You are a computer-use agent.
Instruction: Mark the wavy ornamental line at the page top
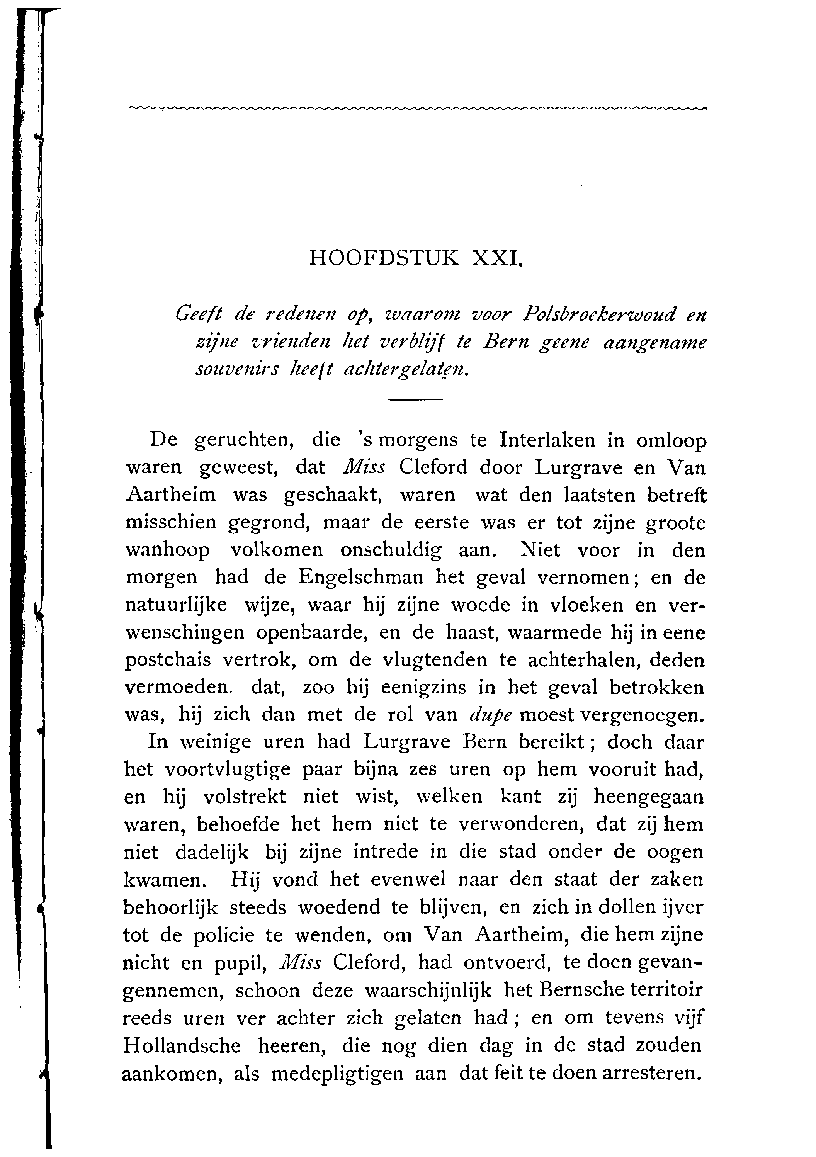point(418,108)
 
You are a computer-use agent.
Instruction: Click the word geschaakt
point(333,495)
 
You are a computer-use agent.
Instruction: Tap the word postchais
point(165,660)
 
